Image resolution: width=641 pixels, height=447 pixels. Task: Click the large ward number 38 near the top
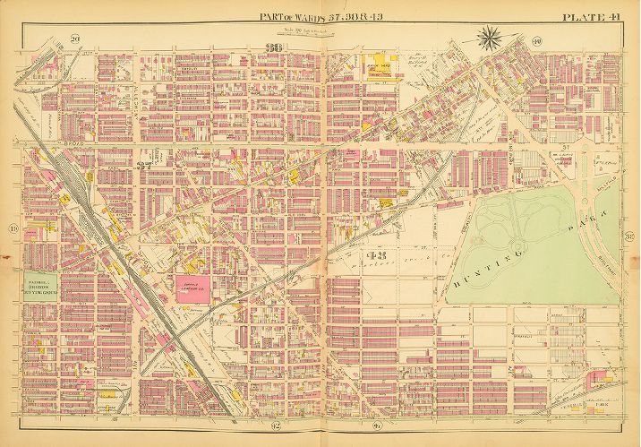click(269, 48)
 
